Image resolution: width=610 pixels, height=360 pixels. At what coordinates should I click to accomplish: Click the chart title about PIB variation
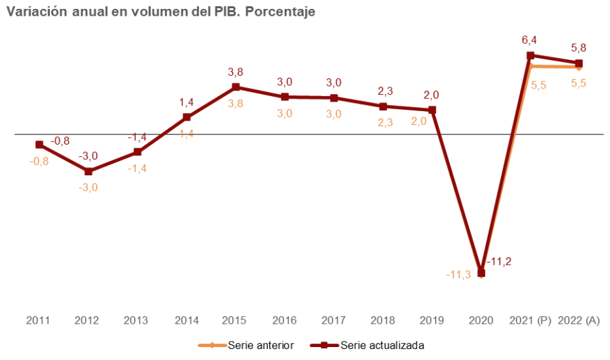tap(160, 12)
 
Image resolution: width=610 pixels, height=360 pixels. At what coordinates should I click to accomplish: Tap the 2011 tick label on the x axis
tap(39, 320)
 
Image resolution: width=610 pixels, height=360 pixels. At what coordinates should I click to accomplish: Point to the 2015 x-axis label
tap(235, 320)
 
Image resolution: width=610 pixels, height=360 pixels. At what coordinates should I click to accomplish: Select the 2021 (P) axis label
tap(530, 320)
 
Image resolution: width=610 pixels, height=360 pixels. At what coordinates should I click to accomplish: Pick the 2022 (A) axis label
tap(579, 320)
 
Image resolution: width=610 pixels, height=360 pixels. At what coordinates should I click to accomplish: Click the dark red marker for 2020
tap(481, 273)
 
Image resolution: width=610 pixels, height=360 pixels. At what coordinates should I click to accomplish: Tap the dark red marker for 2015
tap(236, 87)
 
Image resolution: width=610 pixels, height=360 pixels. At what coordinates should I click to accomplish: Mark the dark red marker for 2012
tap(89, 171)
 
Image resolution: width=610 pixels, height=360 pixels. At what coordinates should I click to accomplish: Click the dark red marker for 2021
tap(530, 55)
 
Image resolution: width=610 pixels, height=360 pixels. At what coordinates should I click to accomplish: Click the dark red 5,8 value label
tap(579, 48)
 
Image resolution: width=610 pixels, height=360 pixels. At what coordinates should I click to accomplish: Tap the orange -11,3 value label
tap(458, 275)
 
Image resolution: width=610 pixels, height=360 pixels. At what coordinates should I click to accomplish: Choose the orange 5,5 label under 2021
tap(538, 85)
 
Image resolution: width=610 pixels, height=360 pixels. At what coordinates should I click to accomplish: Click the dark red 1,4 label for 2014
tap(187, 103)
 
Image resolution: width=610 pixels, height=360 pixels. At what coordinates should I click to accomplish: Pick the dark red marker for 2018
tap(383, 106)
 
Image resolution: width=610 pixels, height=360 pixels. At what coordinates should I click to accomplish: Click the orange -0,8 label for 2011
tap(39, 162)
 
